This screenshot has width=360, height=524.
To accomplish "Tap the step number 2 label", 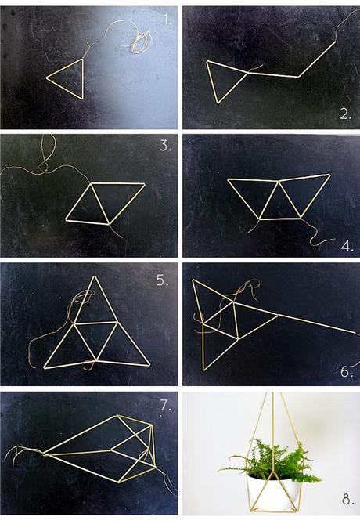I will [x=345, y=114].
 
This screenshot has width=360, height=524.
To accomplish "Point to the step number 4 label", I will [x=345, y=244].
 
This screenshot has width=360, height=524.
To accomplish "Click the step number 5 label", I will [x=162, y=278].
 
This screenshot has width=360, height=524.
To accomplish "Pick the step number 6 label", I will [x=345, y=371].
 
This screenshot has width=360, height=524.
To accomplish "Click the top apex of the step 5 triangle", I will [x=94, y=276].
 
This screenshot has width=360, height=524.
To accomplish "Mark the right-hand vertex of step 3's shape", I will [x=145, y=184].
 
